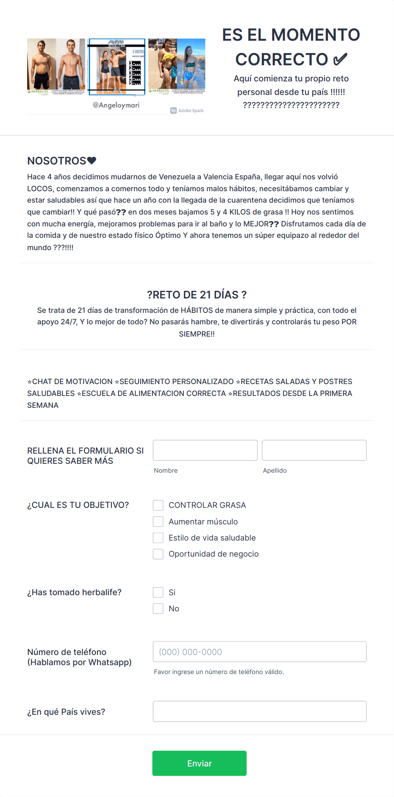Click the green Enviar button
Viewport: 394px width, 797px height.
(199, 763)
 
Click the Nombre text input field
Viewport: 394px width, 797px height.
(205, 450)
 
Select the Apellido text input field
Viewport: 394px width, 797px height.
(314, 450)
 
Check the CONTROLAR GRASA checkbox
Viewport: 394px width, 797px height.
(158, 505)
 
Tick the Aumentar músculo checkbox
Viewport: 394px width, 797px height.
(158, 521)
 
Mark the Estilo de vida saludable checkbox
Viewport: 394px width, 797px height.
(158, 538)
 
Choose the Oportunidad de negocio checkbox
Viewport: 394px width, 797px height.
(158, 554)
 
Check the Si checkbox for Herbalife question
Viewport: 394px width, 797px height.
(158, 592)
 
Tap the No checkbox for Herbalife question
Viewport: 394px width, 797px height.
(158, 609)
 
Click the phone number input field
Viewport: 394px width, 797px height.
(259, 652)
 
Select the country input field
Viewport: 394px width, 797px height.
(259, 711)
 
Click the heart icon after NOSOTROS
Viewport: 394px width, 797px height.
(92, 161)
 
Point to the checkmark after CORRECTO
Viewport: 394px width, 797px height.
(340, 59)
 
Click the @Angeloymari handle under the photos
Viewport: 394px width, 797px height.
(116, 105)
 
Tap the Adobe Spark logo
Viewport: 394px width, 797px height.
(187, 111)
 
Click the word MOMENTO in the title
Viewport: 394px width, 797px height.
(315, 35)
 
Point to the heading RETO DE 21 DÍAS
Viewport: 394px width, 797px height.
(197, 295)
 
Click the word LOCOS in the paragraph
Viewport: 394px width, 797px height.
(40, 189)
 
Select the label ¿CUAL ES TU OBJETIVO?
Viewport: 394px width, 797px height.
(78, 505)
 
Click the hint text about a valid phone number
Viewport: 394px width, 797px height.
(219, 672)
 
